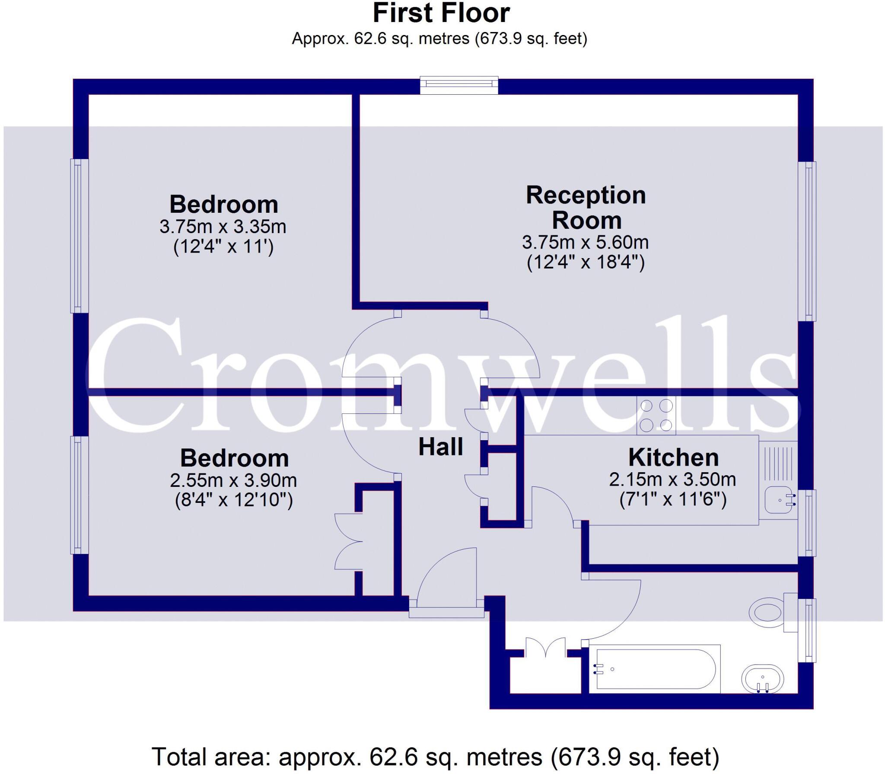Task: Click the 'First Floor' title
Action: click(x=441, y=13)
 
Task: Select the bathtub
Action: click(x=655, y=669)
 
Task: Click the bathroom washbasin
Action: click(x=762, y=679)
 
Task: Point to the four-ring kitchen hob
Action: click(x=656, y=416)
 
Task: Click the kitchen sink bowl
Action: click(x=780, y=501)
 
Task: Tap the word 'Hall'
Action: click(x=441, y=447)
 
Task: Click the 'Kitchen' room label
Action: click(x=673, y=457)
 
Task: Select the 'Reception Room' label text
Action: click(x=586, y=208)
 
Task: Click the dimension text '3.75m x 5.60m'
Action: click(x=586, y=242)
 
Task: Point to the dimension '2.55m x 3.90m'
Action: click(x=233, y=480)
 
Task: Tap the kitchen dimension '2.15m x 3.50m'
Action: click(x=673, y=479)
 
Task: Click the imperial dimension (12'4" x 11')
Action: click(x=223, y=247)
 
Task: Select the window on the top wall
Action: click(x=459, y=85)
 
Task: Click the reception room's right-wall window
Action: click(x=807, y=241)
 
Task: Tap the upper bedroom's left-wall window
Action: click(x=79, y=236)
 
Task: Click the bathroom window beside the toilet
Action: click(x=807, y=630)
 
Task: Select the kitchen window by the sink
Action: click(x=807, y=522)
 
